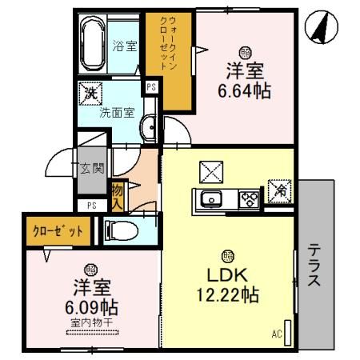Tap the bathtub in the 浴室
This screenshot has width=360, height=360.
[94, 44]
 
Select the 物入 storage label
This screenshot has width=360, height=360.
[118, 194]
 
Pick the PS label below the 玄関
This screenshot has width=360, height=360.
[92, 206]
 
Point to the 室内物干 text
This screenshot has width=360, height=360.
[90, 323]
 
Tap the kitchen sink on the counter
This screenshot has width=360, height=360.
[213, 199]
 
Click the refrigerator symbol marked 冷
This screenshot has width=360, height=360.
[280, 190]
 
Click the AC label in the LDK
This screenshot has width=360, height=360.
[277, 333]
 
